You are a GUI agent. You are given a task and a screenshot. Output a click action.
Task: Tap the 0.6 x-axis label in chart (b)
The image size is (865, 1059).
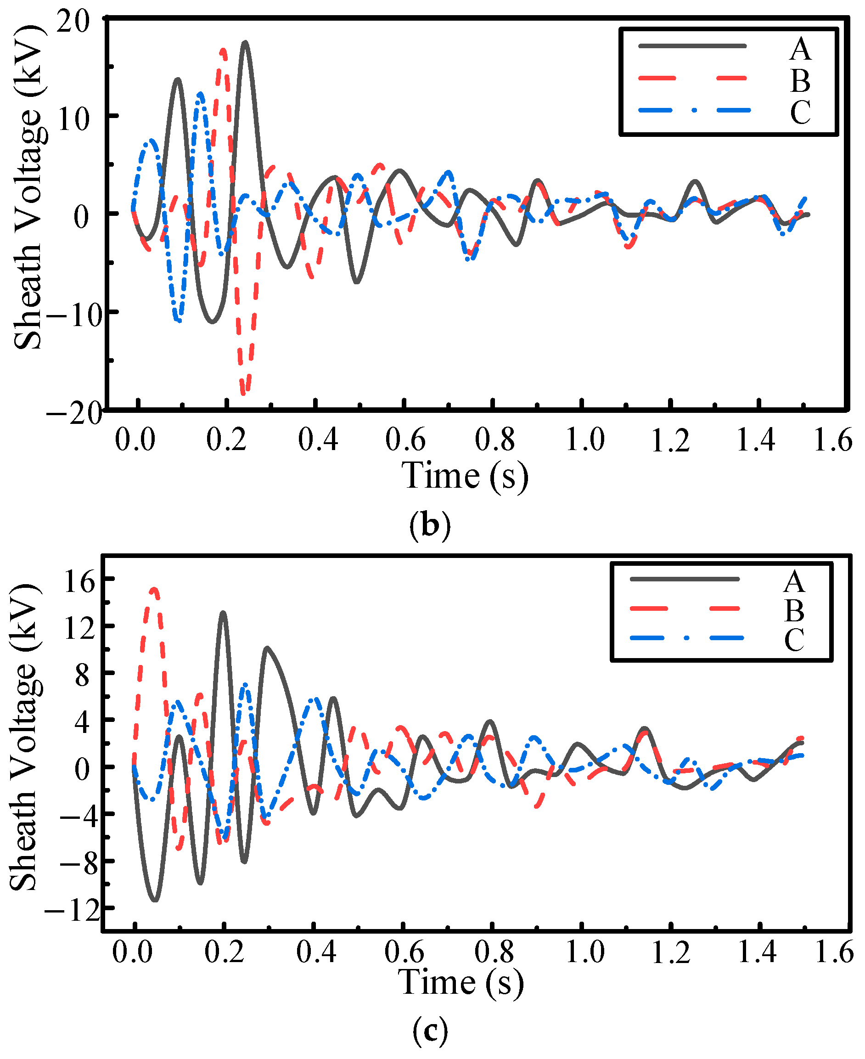[x=405, y=439]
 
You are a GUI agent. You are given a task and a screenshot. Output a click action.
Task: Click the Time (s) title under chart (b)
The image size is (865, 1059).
[x=465, y=476]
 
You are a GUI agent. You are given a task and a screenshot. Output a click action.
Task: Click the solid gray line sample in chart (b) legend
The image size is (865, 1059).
[x=693, y=46]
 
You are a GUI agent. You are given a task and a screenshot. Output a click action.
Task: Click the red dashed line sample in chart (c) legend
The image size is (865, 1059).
[x=685, y=608]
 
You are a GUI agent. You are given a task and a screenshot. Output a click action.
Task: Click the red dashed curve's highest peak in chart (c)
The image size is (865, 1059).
[x=154, y=589]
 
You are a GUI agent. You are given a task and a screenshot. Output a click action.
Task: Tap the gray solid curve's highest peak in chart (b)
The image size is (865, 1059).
[x=245, y=43]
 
